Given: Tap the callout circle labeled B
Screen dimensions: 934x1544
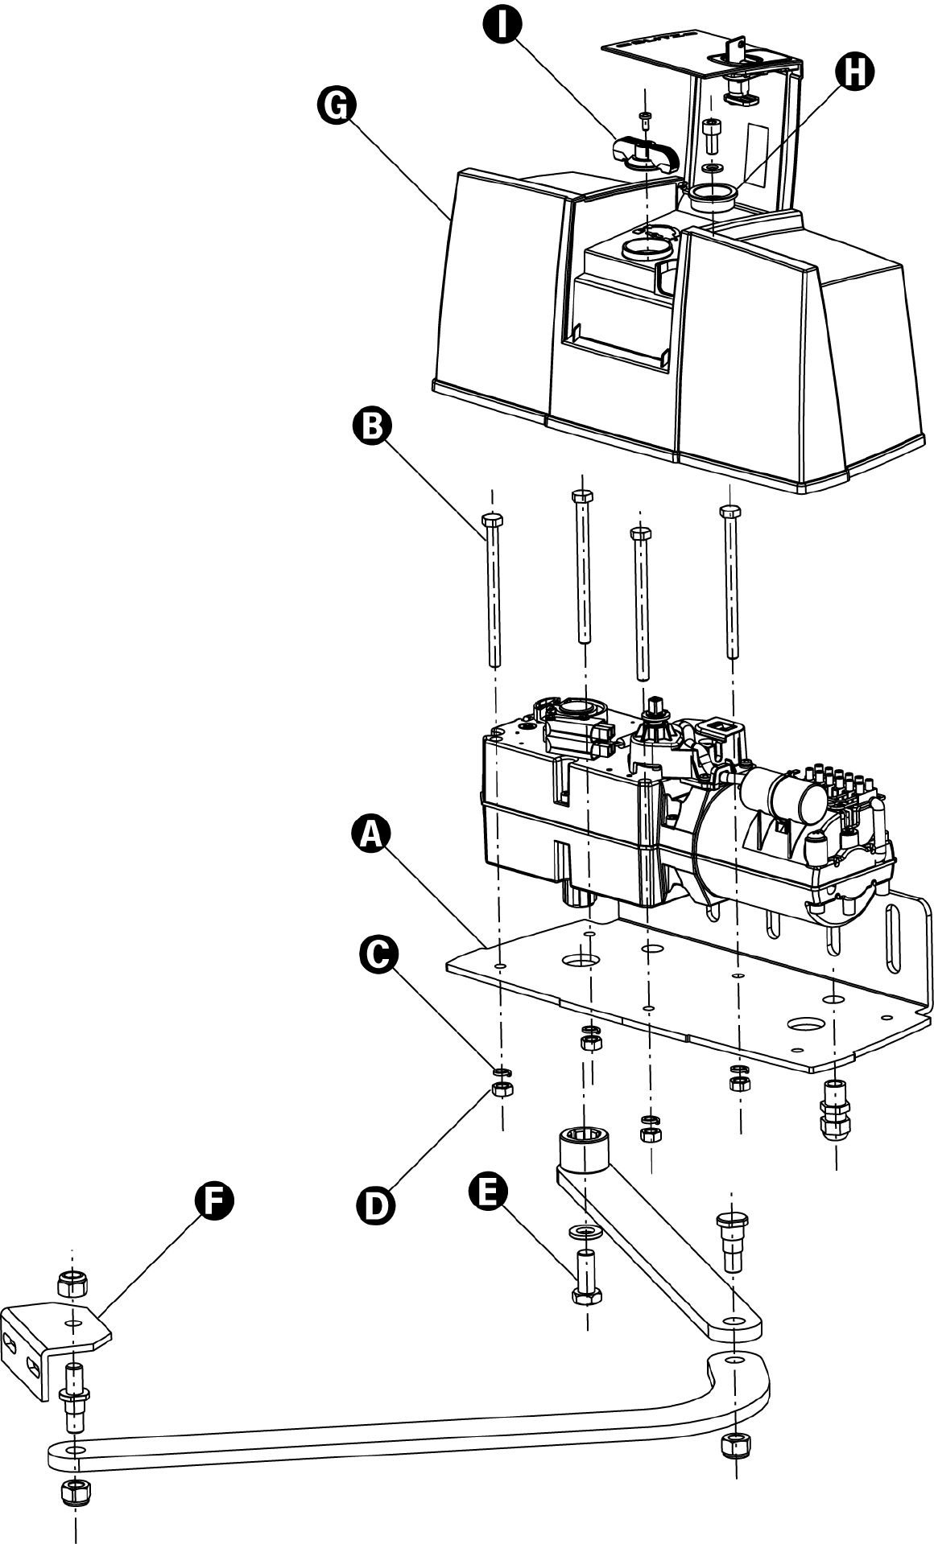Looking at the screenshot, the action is click(372, 426).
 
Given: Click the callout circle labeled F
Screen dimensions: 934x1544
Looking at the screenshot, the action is click(214, 1200).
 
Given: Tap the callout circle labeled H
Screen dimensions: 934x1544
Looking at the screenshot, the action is click(854, 72).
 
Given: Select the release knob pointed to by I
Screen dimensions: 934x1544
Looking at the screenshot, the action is click(646, 154).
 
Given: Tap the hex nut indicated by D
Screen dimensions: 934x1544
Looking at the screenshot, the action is click(503, 1090).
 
